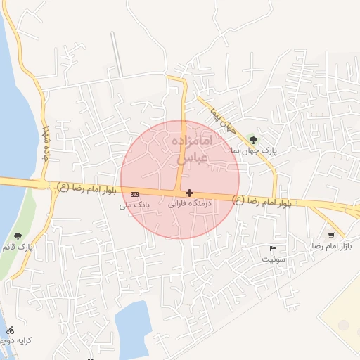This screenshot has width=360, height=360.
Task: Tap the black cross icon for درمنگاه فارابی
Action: click(189, 193)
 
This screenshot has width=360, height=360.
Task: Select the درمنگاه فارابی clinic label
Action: click(190, 204)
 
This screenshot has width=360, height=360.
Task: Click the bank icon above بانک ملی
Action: click(134, 194)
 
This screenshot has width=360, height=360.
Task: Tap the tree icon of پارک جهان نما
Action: click(253, 139)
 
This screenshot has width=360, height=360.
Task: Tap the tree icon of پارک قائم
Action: click(18, 236)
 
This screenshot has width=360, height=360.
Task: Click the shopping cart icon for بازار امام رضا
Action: click(330, 236)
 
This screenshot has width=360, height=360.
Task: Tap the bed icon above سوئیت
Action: click(274, 248)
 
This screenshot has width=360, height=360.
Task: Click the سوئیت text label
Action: click(274, 259)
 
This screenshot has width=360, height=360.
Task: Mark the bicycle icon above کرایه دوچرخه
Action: click(10, 330)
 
